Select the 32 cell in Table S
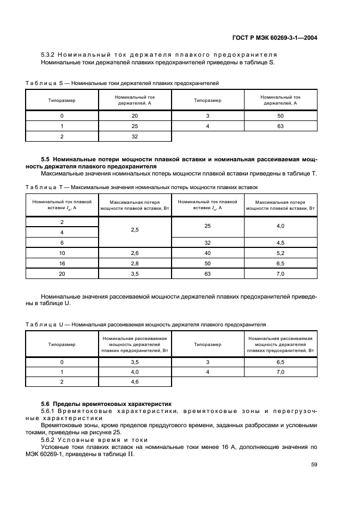click(135, 137)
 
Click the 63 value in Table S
click(280, 126)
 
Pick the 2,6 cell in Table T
click(135, 253)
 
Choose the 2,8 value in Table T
click(135, 263)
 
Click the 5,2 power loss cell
click(280, 253)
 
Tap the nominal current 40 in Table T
click(208, 253)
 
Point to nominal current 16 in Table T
click(62, 263)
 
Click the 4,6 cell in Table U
click(135, 382)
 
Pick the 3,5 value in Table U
click(135, 362)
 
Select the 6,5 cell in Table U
click(280, 362)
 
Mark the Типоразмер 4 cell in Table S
click(208, 126)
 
